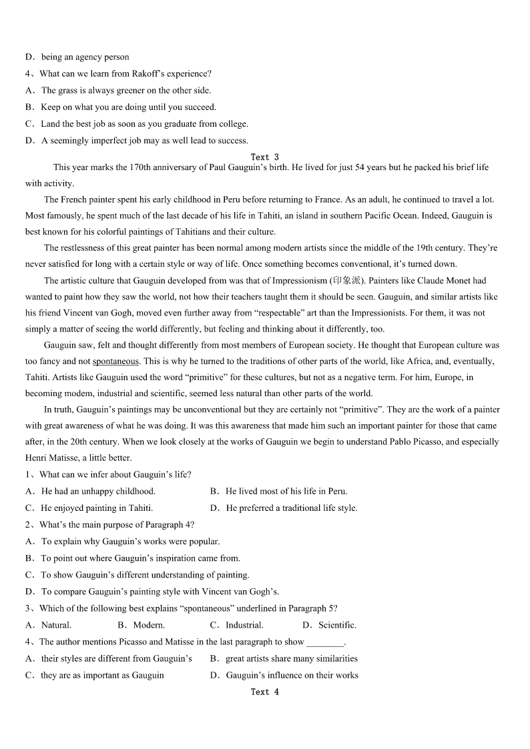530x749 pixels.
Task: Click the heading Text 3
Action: (x=264, y=157)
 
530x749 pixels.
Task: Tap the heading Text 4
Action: (x=264, y=692)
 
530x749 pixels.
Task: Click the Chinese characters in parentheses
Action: (x=346, y=281)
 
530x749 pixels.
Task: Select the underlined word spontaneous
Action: (x=115, y=361)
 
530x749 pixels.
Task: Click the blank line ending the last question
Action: (x=325, y=642)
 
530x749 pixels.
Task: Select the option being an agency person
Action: (x=85, y=57)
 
